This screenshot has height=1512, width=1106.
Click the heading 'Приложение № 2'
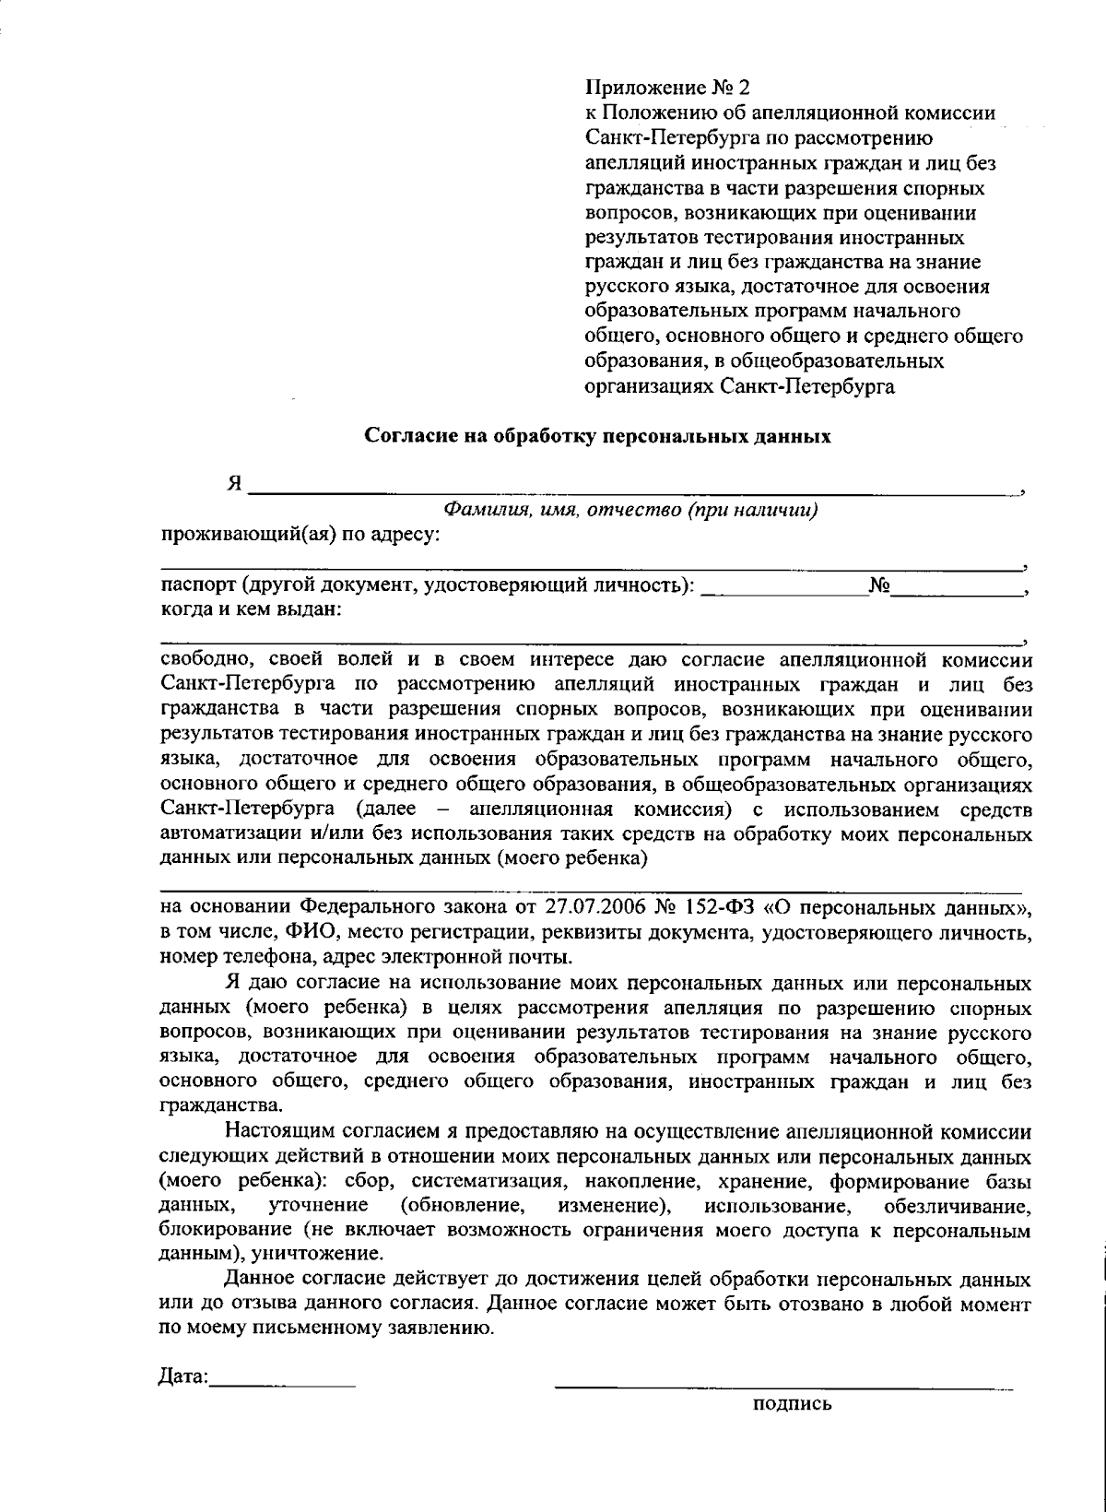668,89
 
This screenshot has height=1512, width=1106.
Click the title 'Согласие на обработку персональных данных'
598,437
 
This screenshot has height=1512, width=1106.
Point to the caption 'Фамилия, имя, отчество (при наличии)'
630,510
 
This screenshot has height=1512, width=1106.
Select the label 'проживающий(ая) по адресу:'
300,534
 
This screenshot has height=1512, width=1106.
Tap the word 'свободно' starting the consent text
201,660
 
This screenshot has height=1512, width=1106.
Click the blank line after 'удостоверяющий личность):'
782,593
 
